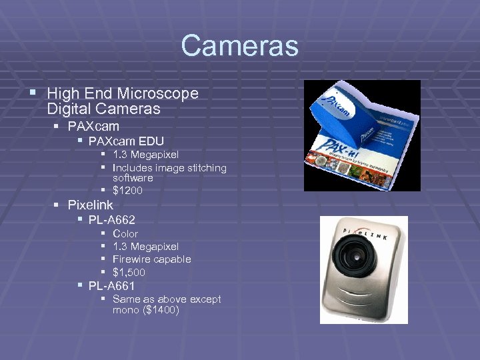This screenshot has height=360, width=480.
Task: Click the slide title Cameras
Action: click(239, 47)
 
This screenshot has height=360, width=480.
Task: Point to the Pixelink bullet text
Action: click(90, 205)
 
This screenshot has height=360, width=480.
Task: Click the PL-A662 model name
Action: click(111, 219)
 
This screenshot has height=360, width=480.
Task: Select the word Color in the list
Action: click(125, 234)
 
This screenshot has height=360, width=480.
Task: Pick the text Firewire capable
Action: click(151, 259)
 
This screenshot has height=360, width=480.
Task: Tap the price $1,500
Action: click(129, 272)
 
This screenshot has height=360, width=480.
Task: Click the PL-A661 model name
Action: click(111, 286)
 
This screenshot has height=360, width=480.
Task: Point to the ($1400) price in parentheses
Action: click(159, 310)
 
